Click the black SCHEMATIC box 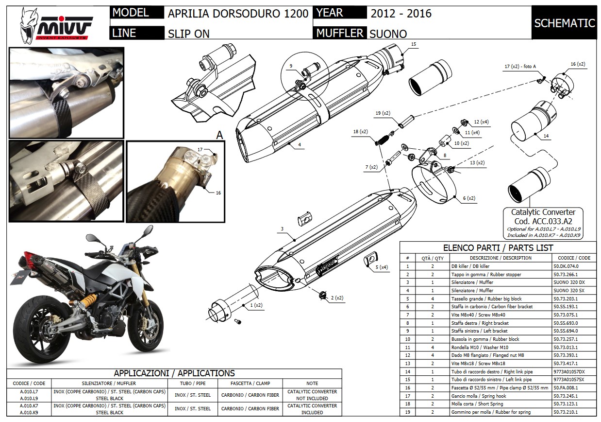pyautogui.click(x=564, y=23)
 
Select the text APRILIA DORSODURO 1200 pyautogui.click(x=238, y=14)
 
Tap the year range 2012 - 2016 pyautogui.click(x=401, y=14)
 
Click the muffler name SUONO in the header pyautogui.click(x=388, y=34)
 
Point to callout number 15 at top pyautogui.click(x=413, y=44)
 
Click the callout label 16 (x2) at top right pyautogui.click(x=577, y=64)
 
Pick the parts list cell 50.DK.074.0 pyautogui.click(x=566, y=266)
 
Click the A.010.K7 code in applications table pyautogui.click(x=29, y=405)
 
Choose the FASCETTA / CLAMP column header pyautogui.click(x=250, y=384)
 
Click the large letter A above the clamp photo pyautogui.click(x=219, y=136)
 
